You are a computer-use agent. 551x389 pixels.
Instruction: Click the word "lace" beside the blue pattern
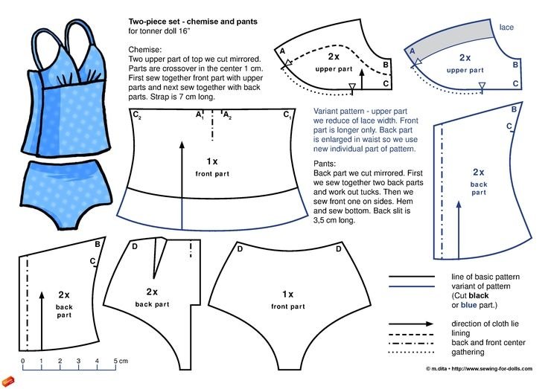506,28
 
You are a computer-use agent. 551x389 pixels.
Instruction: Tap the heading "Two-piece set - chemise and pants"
193,22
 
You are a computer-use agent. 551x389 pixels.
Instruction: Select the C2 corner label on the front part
137,115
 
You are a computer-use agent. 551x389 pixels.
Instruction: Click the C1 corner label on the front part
287,115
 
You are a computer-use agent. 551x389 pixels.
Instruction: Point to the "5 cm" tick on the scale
121,361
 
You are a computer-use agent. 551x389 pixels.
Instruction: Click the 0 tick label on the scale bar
23,361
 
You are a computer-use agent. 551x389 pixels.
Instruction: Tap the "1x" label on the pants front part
288,295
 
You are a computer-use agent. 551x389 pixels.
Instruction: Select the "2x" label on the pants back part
152,292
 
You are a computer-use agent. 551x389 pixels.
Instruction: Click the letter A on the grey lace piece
413,51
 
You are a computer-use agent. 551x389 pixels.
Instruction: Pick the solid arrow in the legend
411,324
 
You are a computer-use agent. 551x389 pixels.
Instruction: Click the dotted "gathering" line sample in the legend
411,352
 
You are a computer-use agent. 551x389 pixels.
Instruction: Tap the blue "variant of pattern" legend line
412,286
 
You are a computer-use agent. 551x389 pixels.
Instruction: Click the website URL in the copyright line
492,369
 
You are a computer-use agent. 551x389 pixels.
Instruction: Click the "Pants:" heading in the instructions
325,164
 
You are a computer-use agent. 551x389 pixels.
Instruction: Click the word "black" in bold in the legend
479,295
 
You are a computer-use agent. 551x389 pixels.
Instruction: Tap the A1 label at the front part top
200,115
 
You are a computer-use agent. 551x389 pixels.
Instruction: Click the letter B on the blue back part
514,109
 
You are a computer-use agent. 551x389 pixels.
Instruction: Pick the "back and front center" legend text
488,343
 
